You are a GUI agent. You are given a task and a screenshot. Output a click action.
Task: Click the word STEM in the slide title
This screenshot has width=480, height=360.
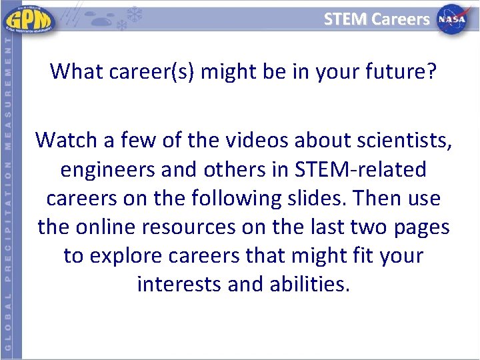(345, 19)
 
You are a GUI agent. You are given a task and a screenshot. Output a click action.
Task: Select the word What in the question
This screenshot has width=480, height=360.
(73, 70)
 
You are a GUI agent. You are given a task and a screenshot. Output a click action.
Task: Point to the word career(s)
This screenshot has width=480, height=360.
(149, 70)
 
